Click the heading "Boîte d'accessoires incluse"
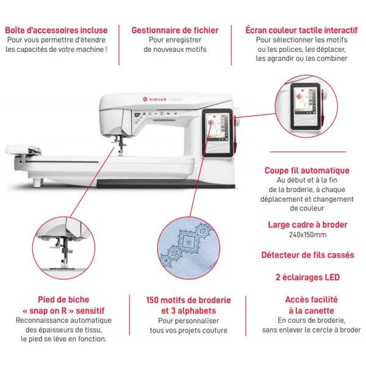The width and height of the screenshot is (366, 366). tap(56, 30)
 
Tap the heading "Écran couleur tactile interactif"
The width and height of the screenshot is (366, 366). tap(301, 30)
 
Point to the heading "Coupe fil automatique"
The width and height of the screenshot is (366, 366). tap(307, 171)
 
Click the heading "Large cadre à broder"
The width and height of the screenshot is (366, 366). tap(307, 224)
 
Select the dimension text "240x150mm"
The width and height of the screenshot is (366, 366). tap(307, 235)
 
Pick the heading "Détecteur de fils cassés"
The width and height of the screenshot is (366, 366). tap(307, 255)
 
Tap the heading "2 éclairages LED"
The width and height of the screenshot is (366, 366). tap(307, 277)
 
